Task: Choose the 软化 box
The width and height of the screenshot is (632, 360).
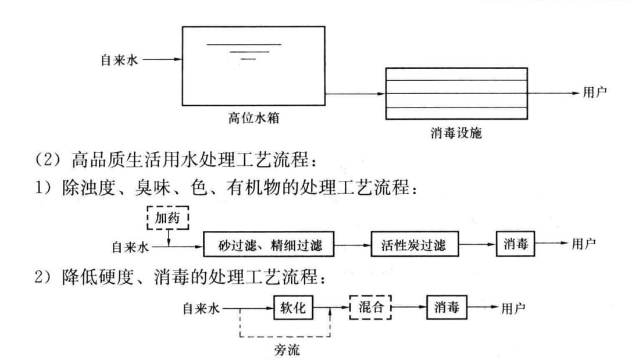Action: [x=294, y=308]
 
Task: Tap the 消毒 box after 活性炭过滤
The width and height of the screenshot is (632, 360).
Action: [x=515, y=245]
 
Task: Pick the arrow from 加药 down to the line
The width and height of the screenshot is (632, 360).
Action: [x=169, y=240]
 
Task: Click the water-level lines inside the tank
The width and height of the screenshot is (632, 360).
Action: [x=245, y=51]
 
